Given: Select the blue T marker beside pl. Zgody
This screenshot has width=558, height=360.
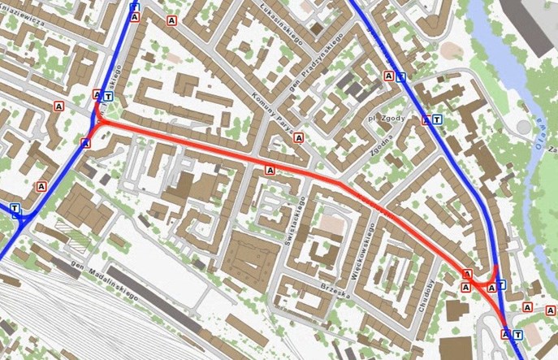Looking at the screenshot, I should (x=438, y=120).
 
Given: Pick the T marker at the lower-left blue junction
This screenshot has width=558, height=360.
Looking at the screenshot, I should (x=15, y=208).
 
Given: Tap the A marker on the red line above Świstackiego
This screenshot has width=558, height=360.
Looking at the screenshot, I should (x=270, y=170).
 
